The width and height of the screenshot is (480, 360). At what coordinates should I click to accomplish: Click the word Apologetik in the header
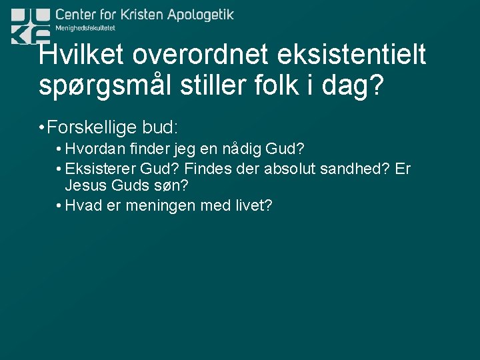pyautogui.click(x=197, y=15)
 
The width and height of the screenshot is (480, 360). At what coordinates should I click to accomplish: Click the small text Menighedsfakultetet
pyautogui.click(x=85, y=28)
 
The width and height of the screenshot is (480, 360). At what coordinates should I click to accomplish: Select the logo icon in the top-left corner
pyautogui.click(x=30, y=25)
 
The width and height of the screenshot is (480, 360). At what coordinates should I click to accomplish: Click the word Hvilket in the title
pyautogui.click(x=78, y=55)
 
